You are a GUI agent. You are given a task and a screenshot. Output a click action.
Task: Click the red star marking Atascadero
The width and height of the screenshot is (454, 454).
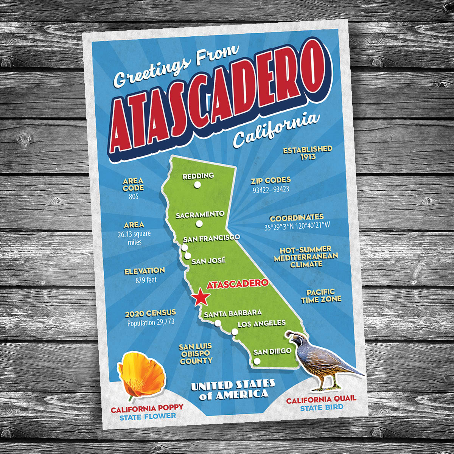[200, 298]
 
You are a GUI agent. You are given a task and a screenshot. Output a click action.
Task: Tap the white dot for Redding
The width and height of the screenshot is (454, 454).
[197, 185]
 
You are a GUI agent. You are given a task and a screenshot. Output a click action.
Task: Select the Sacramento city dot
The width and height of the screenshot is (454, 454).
[199, 224]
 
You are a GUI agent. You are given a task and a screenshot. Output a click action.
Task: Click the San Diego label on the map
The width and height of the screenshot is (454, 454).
[272, 351]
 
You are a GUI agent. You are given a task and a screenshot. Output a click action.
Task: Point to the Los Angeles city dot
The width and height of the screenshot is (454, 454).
[235, 332]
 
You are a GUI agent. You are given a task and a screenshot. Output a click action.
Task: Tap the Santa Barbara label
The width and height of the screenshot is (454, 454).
[233, 313]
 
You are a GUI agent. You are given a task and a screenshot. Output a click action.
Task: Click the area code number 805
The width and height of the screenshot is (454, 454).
[134, 197]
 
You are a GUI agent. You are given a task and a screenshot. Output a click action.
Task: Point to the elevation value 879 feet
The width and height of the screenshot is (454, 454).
[146, 280]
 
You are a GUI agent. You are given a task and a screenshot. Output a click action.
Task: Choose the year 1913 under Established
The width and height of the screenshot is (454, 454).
[308, 157]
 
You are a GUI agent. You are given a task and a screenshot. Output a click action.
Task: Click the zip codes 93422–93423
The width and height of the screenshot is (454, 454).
[271, 189]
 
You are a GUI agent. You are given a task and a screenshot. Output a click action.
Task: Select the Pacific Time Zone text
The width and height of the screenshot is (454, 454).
[321, 296]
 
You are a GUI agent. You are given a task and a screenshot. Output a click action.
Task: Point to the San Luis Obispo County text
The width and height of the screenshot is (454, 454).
[196, 354]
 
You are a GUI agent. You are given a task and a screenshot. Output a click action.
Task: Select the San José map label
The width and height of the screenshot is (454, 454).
[208, 261]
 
